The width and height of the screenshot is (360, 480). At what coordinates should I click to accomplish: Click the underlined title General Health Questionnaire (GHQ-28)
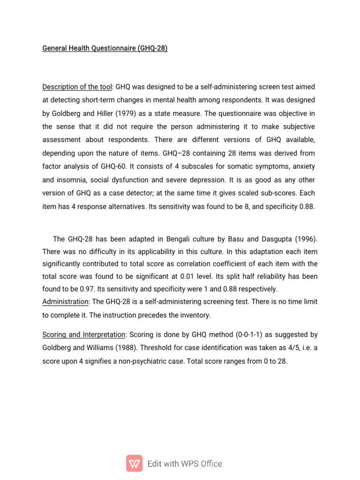coord(105,48)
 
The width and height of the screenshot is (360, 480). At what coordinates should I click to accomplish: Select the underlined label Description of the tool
coord(77,87)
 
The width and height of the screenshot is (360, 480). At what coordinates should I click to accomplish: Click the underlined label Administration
coord(65,301)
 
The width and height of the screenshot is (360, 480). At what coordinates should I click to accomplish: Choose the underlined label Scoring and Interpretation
coord(84,335)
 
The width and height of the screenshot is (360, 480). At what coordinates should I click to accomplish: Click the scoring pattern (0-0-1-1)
coord(254,335)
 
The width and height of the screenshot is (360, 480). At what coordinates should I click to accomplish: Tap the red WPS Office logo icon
coord(135,463)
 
